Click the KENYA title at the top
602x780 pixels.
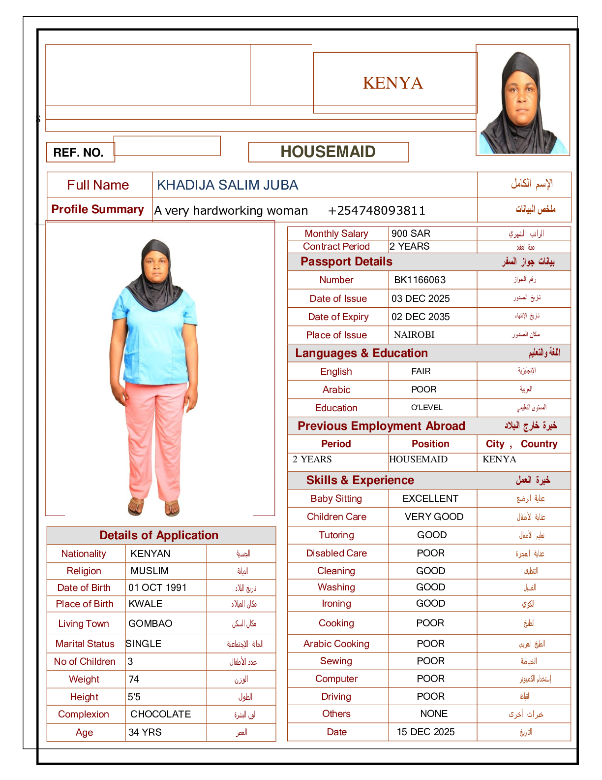pyautogui.click(x=392, y=83)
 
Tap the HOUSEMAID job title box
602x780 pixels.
pyautogui.click(x=328, y=152)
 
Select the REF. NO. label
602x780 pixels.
pyautogui.click(x=78, y=153)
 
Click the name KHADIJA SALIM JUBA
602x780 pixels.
pyautogui.click(x=227, y=185)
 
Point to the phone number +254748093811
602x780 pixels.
pyautogui.click(x=376, y=211)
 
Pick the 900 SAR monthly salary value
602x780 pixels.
pyautogui.click(x=411, y=233)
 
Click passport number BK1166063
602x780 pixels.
pyautogui.click(x=420, y=280)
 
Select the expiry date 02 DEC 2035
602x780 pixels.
pyautogui.click(x=421, y=317)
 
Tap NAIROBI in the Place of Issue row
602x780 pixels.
pyautogui.click(x=414, y=335)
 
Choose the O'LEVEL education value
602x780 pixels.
pyautogui.click(x=426, y=408)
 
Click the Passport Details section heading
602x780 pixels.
pyautogui.click(x=346, y=261)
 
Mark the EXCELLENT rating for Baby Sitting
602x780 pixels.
pyautogui.click(x=430, y=498)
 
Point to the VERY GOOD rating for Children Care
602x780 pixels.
pyautogui.click(x=434, y=517)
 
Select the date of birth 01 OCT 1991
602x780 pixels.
pyautogui.click(x=157, y=587)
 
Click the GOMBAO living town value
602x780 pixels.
pyautogui.click(x=150, y=623)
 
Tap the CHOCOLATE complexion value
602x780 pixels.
pyautogui.click(x=160, y=714)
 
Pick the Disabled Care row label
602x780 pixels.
pyautogui.click(x=336, y=553)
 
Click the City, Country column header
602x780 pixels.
pyautogui.click(x=521, y=444)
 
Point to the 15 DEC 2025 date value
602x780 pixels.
pyautogui.click(x=425, y=732)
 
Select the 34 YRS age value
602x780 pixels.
pyautogui.click(x=145, y=732)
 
